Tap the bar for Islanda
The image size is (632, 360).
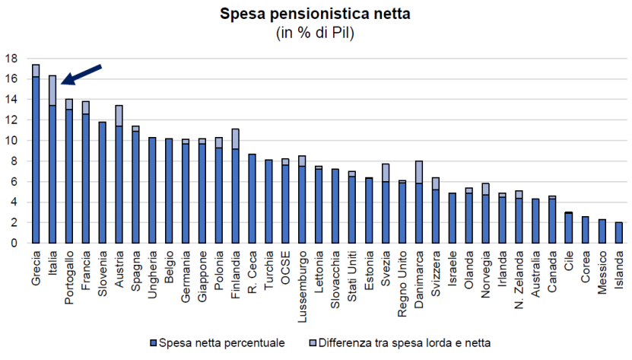coord(618,233)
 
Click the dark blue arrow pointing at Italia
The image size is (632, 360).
coord(81,75)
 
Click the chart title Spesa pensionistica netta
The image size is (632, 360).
coord(315,14)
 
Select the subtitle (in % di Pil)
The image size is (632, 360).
coord(315,33)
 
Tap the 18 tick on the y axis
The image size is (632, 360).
coord(12,58)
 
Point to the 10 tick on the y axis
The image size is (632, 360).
coord(12,140)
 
